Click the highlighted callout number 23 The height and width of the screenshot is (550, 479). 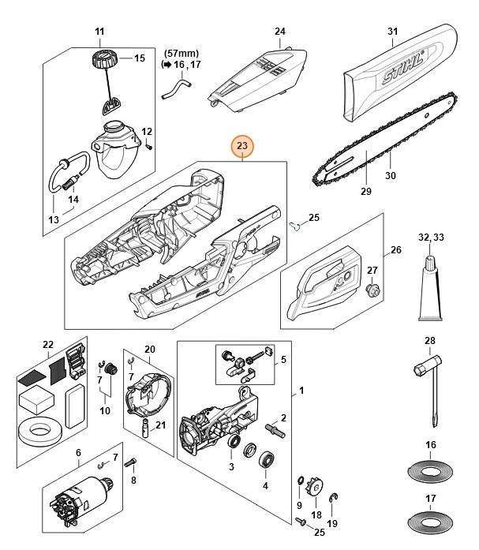pyautogui.click(x=241, y=146)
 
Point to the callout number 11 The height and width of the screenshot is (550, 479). pyautogui.click(x=99, y=32)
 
